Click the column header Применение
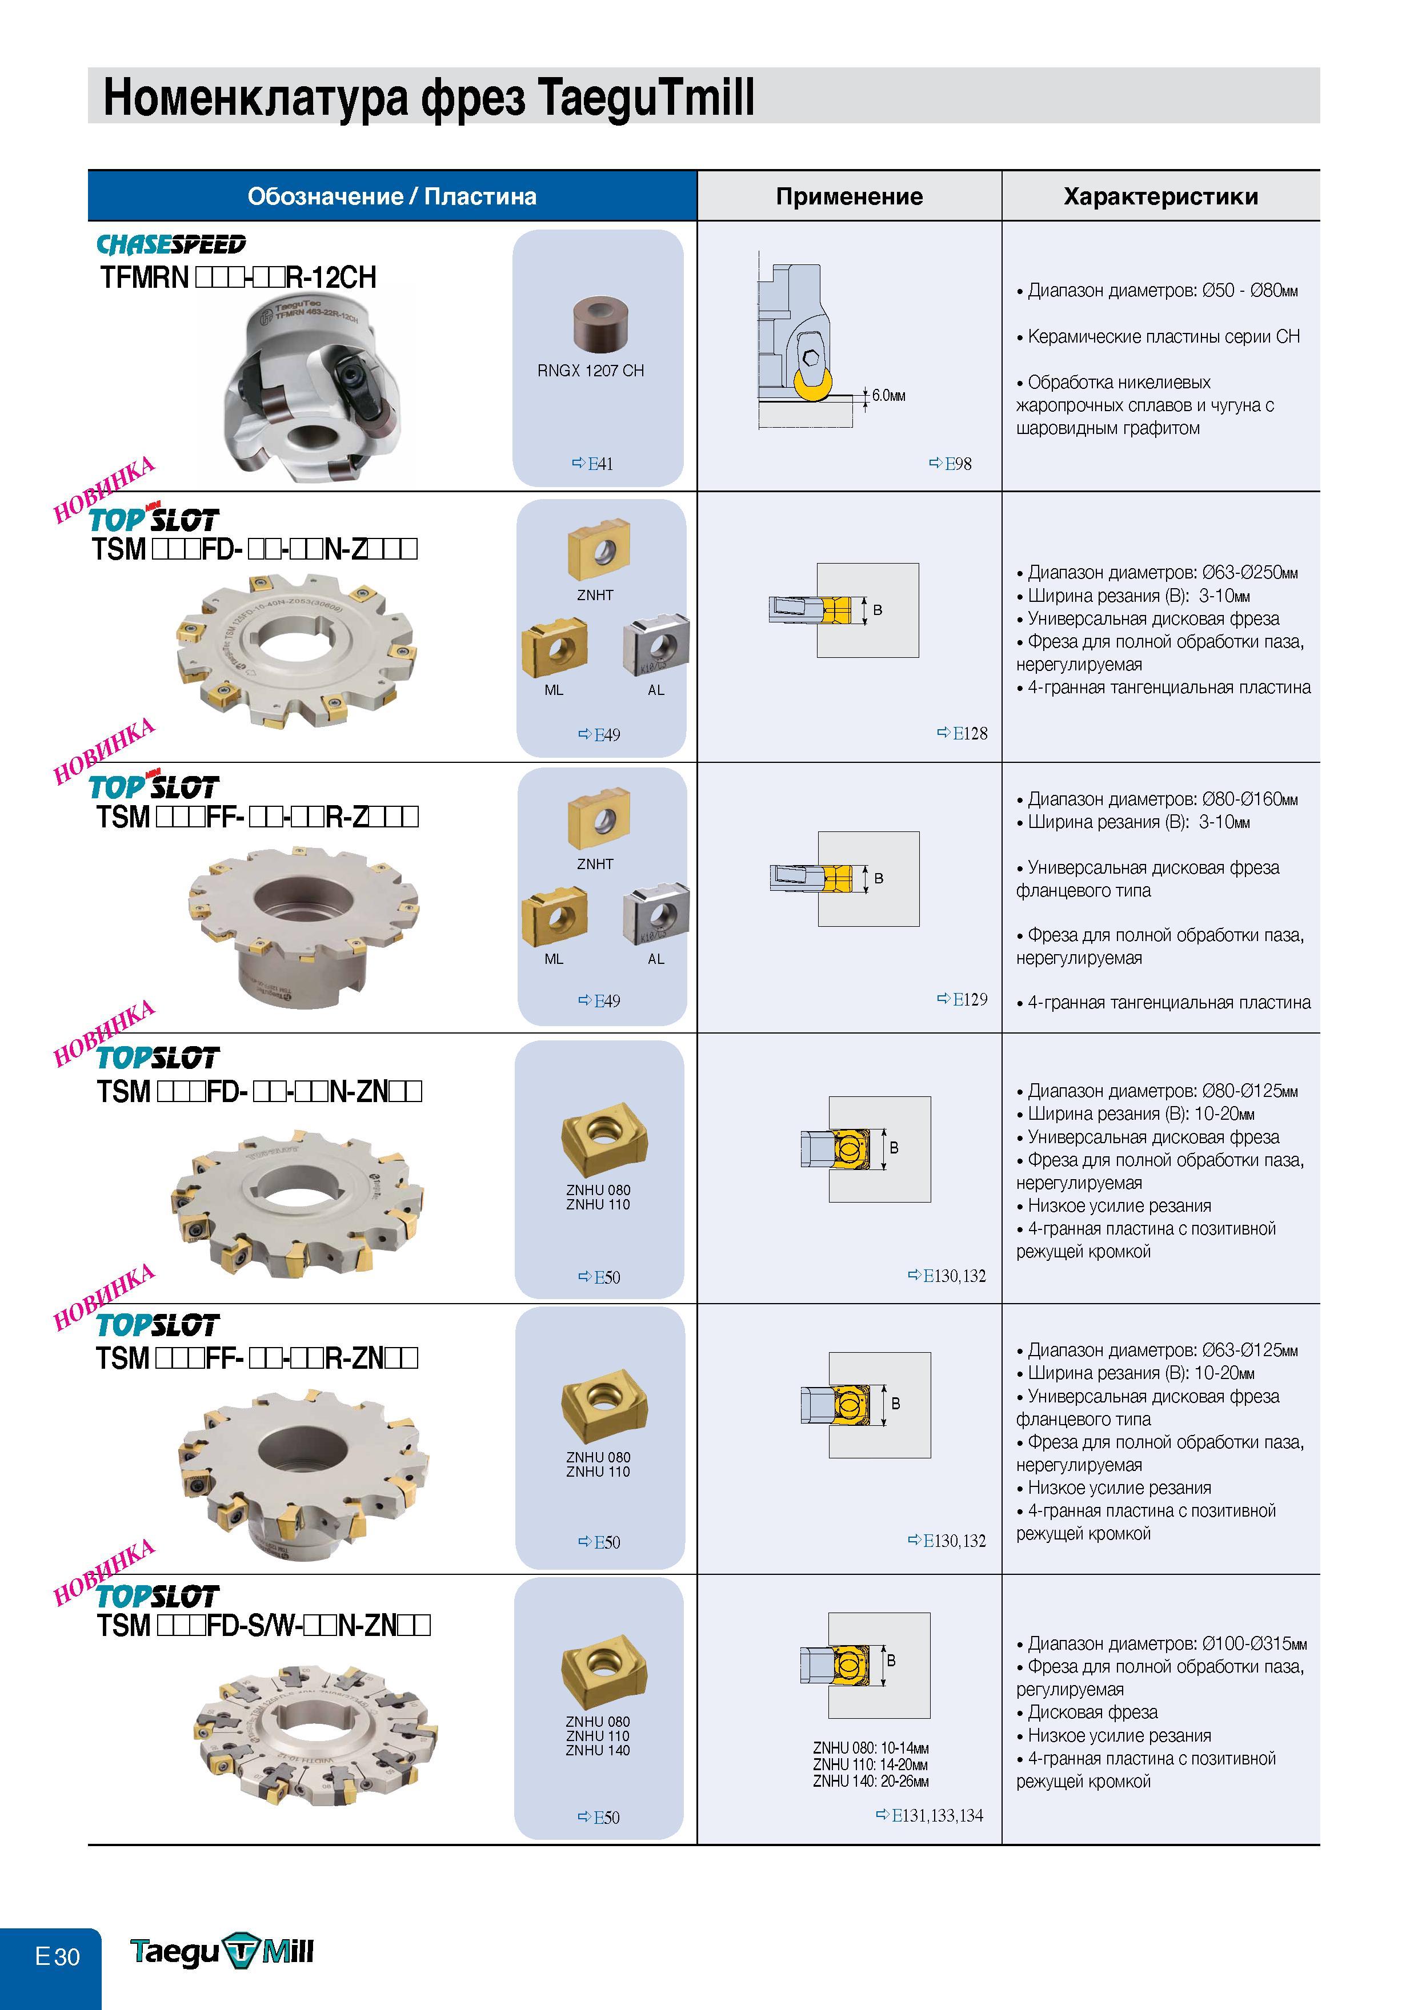click(x=848, y=196)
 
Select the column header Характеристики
click(x=1160, y=196)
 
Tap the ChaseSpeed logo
click(x=171, y=244)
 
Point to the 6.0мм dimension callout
click(x=888, y=396)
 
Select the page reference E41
click(x=593, y=464)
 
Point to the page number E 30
click(x=57, y=1956)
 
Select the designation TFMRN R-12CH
click(x=238, y=278)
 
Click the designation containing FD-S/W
click(x=263, y=1625)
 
